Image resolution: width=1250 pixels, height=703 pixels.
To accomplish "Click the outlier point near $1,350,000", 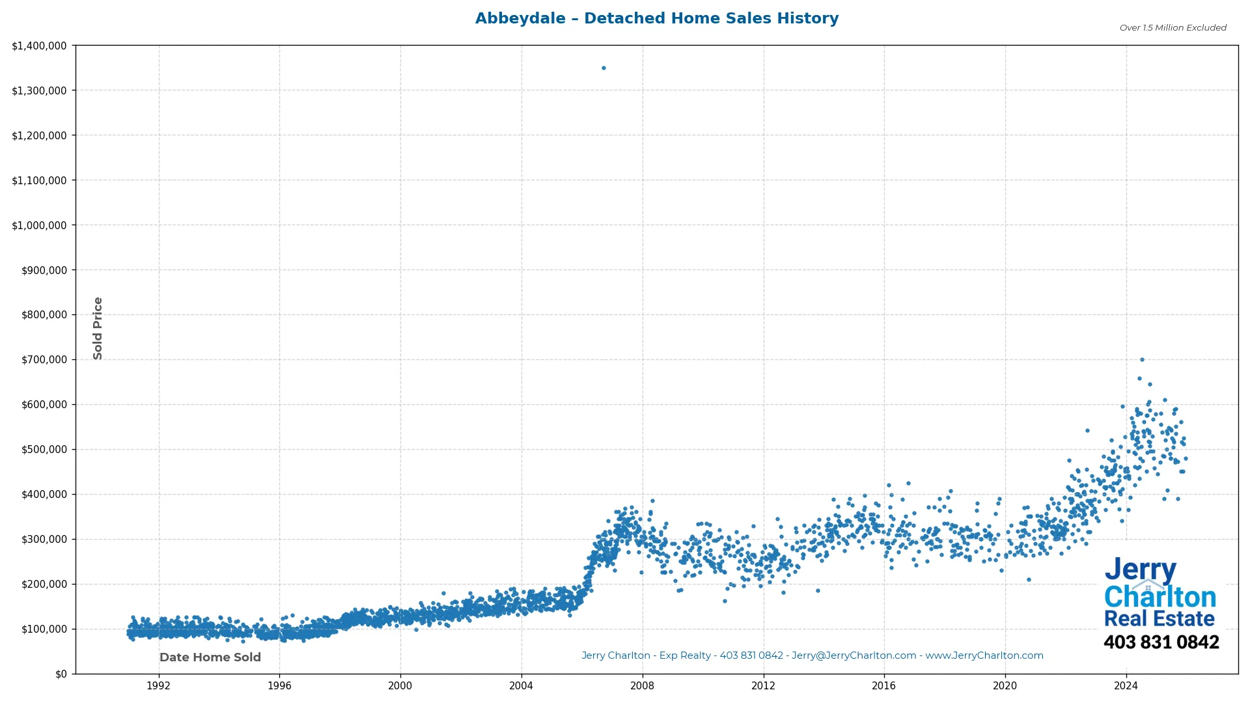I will [604, 68].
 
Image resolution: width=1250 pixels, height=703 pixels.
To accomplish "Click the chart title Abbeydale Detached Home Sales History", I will [656, 18].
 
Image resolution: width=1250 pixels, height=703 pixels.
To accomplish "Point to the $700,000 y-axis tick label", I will [39, 360].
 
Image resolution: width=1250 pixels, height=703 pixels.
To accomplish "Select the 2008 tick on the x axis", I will [642, 685].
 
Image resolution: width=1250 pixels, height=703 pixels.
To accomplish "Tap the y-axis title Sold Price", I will [98, 328].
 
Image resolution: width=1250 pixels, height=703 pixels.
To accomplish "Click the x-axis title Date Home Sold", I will [210, 657].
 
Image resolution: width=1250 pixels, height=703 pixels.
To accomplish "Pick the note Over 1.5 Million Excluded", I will [1173, 27].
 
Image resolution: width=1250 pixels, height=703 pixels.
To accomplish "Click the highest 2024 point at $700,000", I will [1142, 359].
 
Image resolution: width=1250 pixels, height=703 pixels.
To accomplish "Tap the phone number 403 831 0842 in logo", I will [1161, 642].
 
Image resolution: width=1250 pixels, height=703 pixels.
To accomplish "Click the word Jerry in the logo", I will [1140, 570].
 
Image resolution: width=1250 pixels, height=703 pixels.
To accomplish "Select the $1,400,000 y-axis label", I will [39, 46].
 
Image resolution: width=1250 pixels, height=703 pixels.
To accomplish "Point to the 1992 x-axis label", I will [158, 685].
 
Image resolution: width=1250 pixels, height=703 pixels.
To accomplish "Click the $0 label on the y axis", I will [61, 674].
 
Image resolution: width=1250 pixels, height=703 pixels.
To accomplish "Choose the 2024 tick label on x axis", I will [1126, 685].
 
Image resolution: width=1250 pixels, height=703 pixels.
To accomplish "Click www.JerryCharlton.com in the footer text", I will [984, 655].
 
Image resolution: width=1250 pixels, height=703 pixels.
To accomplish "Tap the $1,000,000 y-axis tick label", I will [39, 225].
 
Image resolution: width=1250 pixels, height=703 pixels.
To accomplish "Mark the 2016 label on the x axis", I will [883, 685].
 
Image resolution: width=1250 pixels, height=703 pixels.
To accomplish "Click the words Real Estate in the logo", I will [1159, 618].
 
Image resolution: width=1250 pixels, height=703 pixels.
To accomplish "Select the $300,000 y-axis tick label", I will [39, 540].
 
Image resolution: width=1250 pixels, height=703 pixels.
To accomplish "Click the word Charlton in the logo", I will [1160, 596].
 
